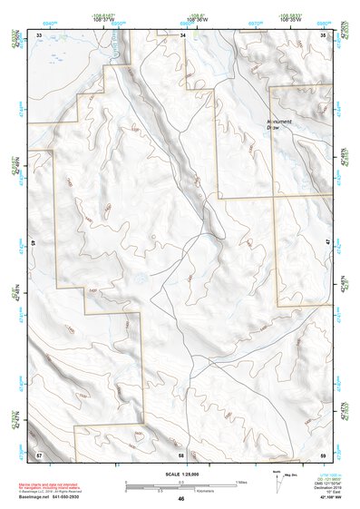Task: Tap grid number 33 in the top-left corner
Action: tap(39, 34)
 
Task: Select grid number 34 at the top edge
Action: tap(181, 34)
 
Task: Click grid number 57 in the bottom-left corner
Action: tap(39, 453)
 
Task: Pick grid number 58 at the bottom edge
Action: tap(181, 453)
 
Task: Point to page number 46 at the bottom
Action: tap(181, 499)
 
